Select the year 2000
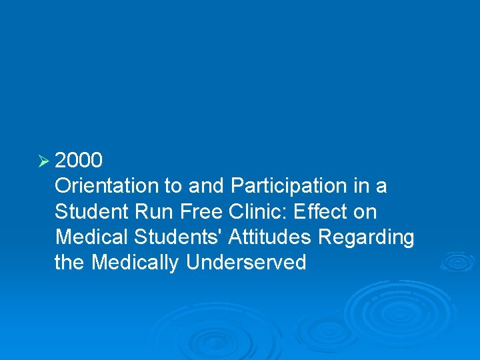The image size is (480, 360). point(79,161)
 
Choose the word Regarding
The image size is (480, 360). point(367,237)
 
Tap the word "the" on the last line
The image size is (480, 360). point(70,263)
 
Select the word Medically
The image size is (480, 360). point(135,263)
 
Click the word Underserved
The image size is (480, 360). point(246,263)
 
